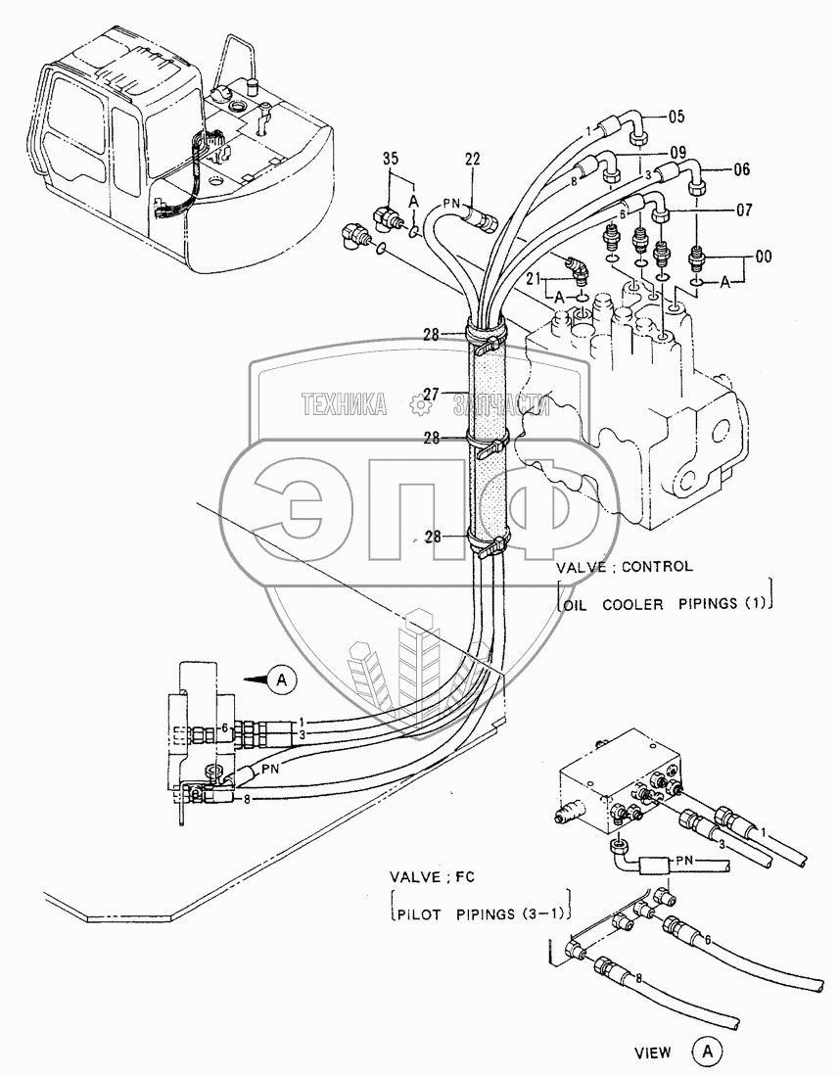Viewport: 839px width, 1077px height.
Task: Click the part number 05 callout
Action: point(676,116)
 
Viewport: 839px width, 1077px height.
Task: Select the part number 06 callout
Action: point(740,168)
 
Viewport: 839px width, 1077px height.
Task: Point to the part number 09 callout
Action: point(676,153)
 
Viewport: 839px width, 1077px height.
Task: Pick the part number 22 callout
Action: point(472,160)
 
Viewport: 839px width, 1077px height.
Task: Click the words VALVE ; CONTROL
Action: point(625,567)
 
